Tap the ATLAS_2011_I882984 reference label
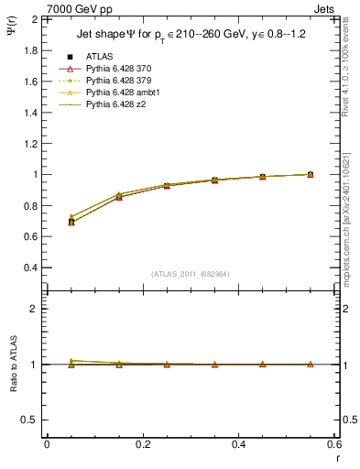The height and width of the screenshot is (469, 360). (x=190, y=274)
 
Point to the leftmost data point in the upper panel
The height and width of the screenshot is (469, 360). (x=71, y=222)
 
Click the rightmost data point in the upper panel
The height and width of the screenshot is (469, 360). (x=310, y=174)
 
